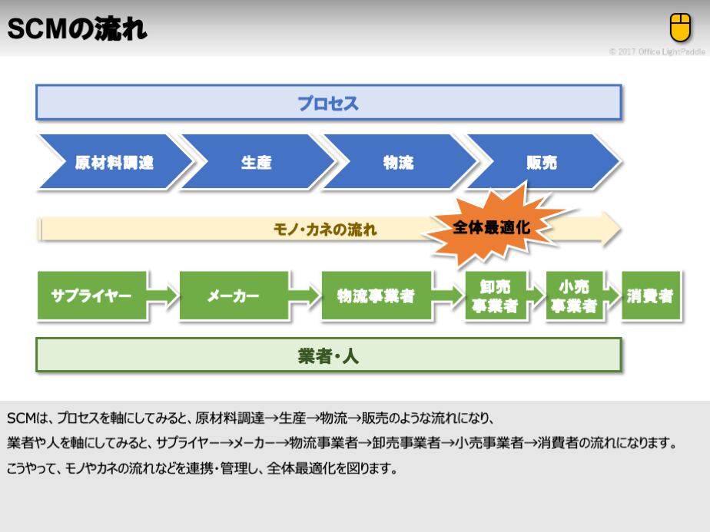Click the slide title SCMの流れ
tap(77, 30)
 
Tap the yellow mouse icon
tap(680, 27)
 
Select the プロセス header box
tap(328, 103)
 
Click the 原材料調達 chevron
tap(114, 162)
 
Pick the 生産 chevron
tap(256, 162)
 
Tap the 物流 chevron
tap(398, 162)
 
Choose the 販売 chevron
tap(541, 162)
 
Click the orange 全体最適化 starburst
tap(492, 227)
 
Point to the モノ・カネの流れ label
tap(324, 230)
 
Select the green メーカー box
tap(234, 296)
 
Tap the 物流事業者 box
tap(376, 296)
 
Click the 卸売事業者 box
tap(495, 296)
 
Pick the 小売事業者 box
tap(573, 296)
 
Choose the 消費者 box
tap(650, 296)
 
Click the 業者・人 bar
tap(328, 355)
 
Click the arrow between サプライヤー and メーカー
tap(162, 296)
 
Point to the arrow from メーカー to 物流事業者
tap(305, 296)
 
